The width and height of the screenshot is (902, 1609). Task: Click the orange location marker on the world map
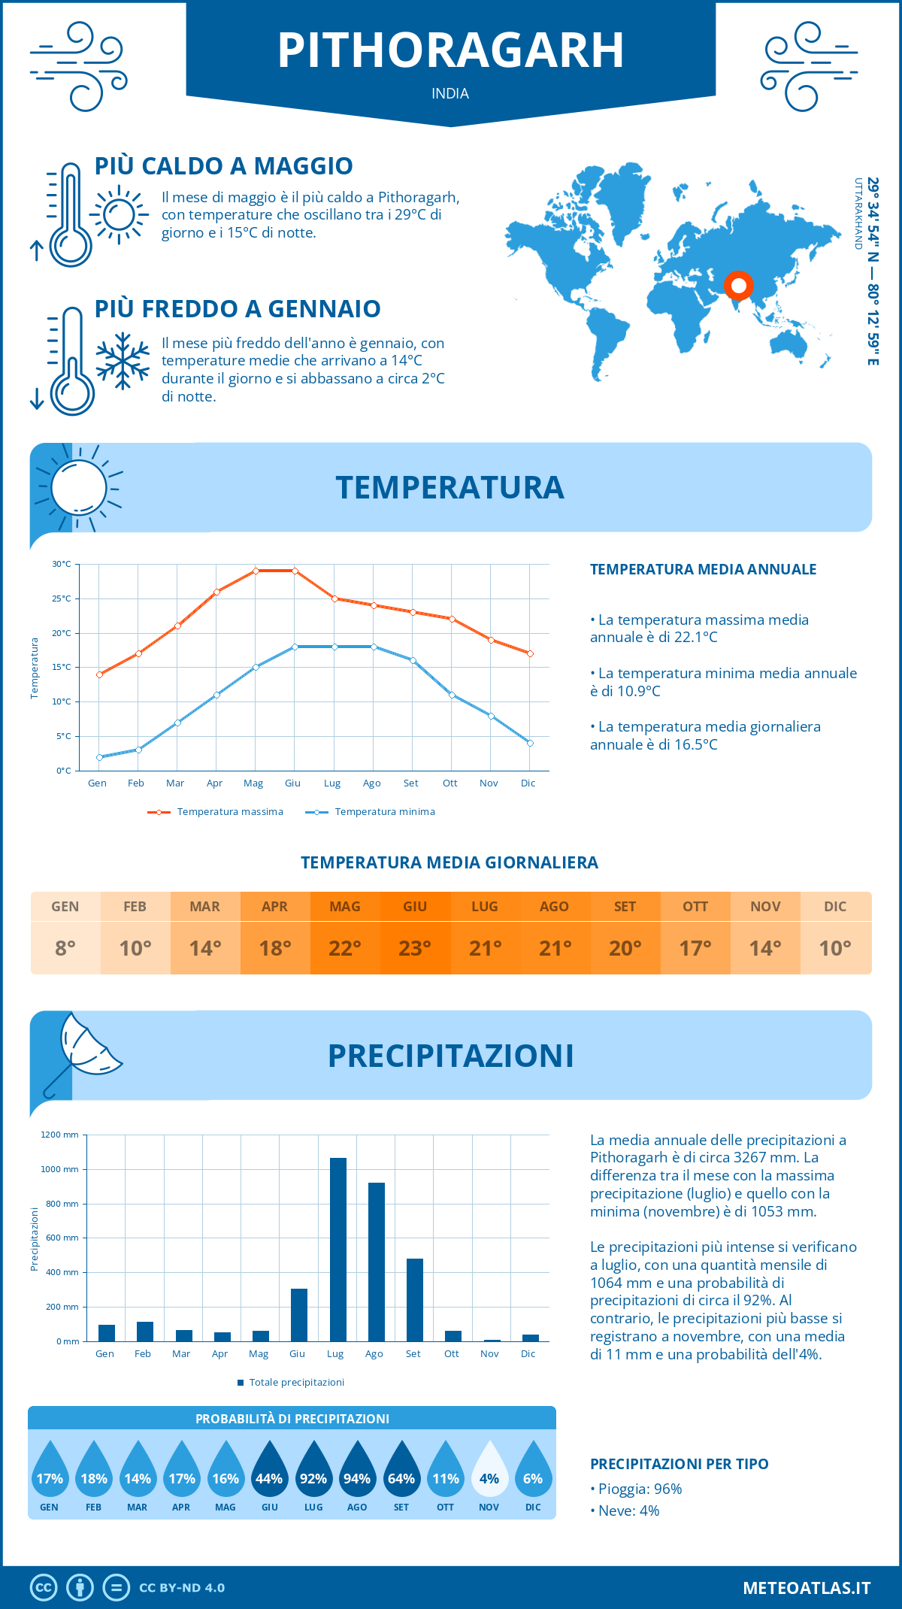coord(738,286)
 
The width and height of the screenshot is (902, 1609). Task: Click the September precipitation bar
coord(415,1300)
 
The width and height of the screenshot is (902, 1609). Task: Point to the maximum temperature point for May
coord(256,571)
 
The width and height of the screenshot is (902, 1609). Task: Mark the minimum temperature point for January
coord(99,757)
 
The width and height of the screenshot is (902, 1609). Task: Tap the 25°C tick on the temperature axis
coord(62,598)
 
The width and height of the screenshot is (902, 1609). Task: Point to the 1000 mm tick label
coord(60,1169)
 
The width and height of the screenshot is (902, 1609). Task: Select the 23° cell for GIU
coord(415,948)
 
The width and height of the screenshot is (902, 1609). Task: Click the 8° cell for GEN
coord(65,948)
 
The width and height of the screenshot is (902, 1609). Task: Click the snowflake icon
coord(123,361)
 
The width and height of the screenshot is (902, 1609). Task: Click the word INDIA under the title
coord(450,94)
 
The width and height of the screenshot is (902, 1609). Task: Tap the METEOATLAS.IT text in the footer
coord(807,1588)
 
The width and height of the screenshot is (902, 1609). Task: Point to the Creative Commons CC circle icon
coord(44,1588)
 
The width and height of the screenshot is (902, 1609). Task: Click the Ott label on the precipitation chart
coord(451,1354)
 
